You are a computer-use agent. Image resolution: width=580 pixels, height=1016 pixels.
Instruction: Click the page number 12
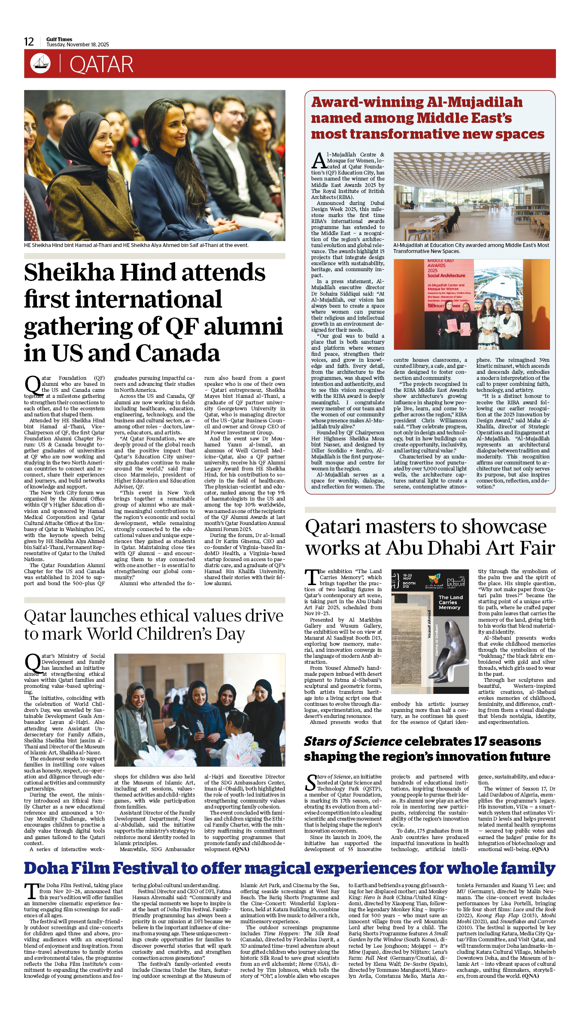tap(29, 42)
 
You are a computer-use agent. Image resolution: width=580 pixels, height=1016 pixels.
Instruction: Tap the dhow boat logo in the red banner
tap(40, 63)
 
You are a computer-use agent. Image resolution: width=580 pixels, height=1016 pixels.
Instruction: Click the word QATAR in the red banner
tap(101, 65)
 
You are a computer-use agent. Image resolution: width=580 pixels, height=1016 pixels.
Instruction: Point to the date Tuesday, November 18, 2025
tap(78, 45)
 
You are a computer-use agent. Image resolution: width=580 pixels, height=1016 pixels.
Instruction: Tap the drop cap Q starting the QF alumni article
tap(32, 385)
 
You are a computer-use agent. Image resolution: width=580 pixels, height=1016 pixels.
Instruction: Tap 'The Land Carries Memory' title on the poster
tap(450, 602)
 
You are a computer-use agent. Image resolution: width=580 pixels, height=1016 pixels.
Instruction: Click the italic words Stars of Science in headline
tap(353, 741)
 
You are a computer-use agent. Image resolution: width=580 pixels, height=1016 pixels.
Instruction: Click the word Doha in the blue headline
tap(46, 868)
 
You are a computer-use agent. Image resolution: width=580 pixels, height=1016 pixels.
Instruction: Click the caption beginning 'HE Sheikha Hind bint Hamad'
tap(136, 245)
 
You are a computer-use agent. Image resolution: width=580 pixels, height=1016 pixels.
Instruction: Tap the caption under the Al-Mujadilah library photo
tap(471, 248)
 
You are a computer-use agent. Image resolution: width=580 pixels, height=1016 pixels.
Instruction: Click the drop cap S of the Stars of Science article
tap(311, 783)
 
